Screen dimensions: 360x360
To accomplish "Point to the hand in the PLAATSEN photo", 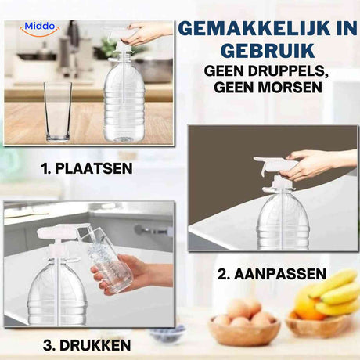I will pos(149,33).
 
